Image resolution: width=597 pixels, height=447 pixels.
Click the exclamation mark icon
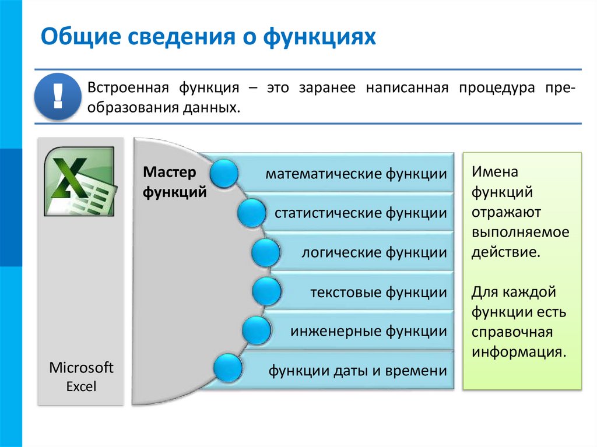click(x=57, y=97)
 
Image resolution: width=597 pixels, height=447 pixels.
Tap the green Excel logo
click(x=80, y=181)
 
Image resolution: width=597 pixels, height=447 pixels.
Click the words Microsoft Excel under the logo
click(x=81, y=376)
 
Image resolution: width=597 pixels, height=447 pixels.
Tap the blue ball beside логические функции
click(x=268, y=252)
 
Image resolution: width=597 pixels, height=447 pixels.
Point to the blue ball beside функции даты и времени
click(x=228, y=368)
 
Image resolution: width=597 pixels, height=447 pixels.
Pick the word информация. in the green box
click(x=519, y=352)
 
